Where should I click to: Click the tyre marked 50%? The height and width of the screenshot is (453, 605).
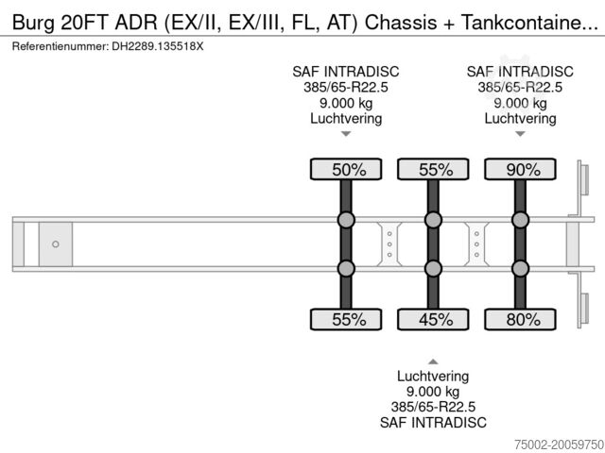346,170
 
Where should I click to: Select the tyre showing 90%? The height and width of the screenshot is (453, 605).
520,170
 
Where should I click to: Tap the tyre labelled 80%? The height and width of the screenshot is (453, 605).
520,319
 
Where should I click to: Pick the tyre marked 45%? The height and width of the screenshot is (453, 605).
433,319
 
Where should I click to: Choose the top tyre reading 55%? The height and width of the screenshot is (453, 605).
433,170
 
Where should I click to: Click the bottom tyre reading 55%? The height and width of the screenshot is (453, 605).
346,319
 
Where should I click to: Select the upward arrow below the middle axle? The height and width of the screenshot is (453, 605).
433,361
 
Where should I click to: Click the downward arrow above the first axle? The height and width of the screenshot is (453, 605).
346,134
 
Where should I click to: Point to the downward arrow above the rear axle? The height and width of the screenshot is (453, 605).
520,134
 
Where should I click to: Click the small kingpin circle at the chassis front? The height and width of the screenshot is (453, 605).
56,244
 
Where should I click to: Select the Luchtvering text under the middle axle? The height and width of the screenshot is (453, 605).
433,376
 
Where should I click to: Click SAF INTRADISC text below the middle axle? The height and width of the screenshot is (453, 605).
433,422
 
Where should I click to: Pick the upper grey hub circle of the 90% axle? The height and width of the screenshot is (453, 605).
520,221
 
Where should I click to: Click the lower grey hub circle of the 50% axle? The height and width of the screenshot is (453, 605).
346,268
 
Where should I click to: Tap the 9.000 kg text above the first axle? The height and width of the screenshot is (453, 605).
346,103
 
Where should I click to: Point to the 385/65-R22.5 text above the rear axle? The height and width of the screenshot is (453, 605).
520,87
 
